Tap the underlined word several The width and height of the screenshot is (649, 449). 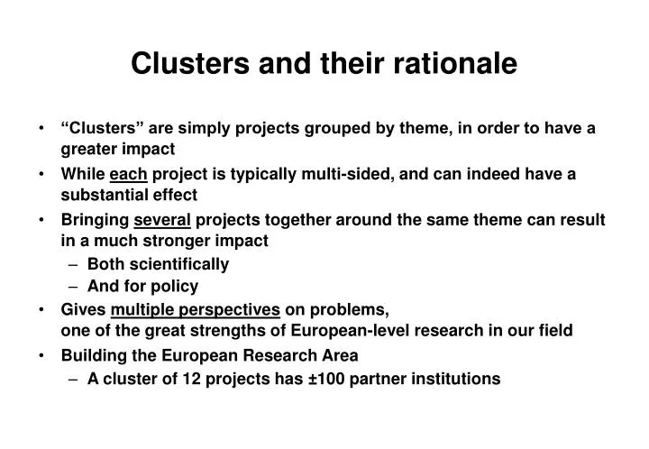coord(162,219)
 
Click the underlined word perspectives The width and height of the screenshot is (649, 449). coord(233,310)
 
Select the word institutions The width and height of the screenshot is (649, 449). coord(456,379)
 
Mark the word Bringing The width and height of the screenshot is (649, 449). coord(94,219)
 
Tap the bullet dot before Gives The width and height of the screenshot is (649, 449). coord(43,310)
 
